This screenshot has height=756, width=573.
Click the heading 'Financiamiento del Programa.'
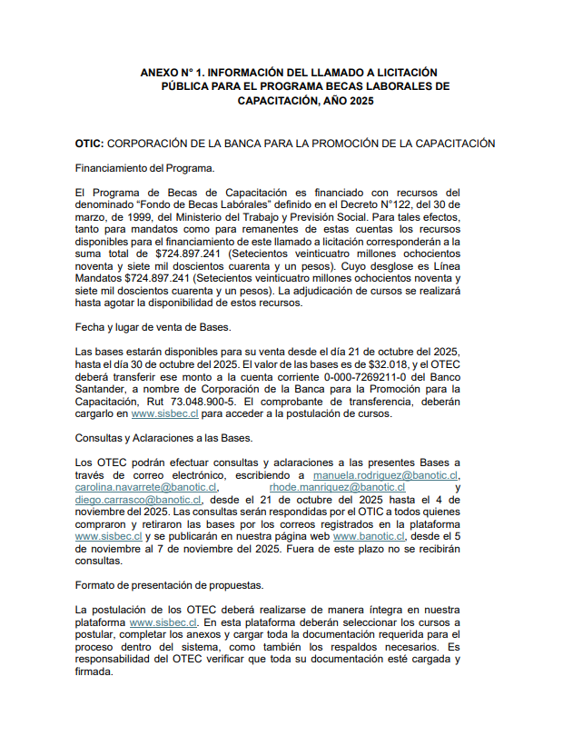click(144, 168)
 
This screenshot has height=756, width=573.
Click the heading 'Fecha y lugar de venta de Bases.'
click(153, 326)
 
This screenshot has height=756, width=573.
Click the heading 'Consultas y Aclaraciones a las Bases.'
click(163, 438)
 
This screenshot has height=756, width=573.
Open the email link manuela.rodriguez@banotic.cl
click(386, 475)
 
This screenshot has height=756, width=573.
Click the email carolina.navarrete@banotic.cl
click(145, 487)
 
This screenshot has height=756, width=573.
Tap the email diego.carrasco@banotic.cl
click(139, 500)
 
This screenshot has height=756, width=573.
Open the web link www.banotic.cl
click(370, 537)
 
